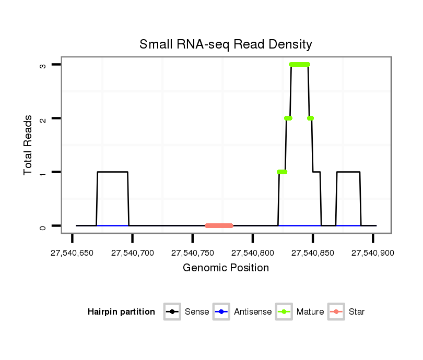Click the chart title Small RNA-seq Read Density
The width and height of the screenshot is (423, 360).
(226, 44)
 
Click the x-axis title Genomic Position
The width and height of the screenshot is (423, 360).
(226, 268)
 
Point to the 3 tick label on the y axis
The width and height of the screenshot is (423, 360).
(44, 65)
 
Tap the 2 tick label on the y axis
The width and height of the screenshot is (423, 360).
(44, 118)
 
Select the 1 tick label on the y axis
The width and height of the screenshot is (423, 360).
(44, 172)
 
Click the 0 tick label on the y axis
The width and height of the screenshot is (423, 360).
(44, 226)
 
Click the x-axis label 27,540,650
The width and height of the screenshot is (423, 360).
(72, 253)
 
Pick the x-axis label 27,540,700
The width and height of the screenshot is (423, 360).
(133, 253)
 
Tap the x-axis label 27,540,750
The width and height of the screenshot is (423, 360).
(193, 253)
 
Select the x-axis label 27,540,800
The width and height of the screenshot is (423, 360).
(253, 253)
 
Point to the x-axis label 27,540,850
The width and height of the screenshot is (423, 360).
(313, 253)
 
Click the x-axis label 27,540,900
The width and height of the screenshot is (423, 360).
(373, 253)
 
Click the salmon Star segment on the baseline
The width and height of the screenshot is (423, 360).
(219, 225)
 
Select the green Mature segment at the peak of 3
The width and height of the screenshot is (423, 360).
(299, 65)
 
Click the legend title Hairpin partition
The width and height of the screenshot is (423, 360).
(121, 312)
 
